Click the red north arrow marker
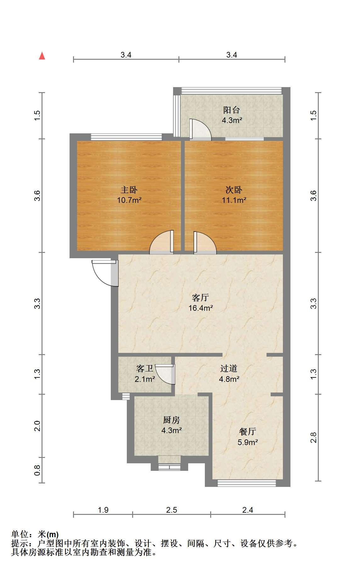(x=42, y=56)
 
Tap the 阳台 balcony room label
(x=232, y=110)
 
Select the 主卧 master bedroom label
(x=129, y=190)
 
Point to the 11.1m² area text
(x=234, y=200)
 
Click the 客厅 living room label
(x=200, y=298)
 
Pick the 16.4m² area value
(x=201, y=308)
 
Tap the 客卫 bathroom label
(x=145, y=368)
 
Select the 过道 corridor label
(x=229, y=368)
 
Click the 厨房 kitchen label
(x=172, y=420)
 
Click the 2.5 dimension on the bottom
(x=172, y=510)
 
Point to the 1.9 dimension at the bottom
(x=103, y=510)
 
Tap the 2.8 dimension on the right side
(x=313, y=437)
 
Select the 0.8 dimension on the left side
(x=37, y=470)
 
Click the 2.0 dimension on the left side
(x=37, y=426)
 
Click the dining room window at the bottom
(x=247, y=483)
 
